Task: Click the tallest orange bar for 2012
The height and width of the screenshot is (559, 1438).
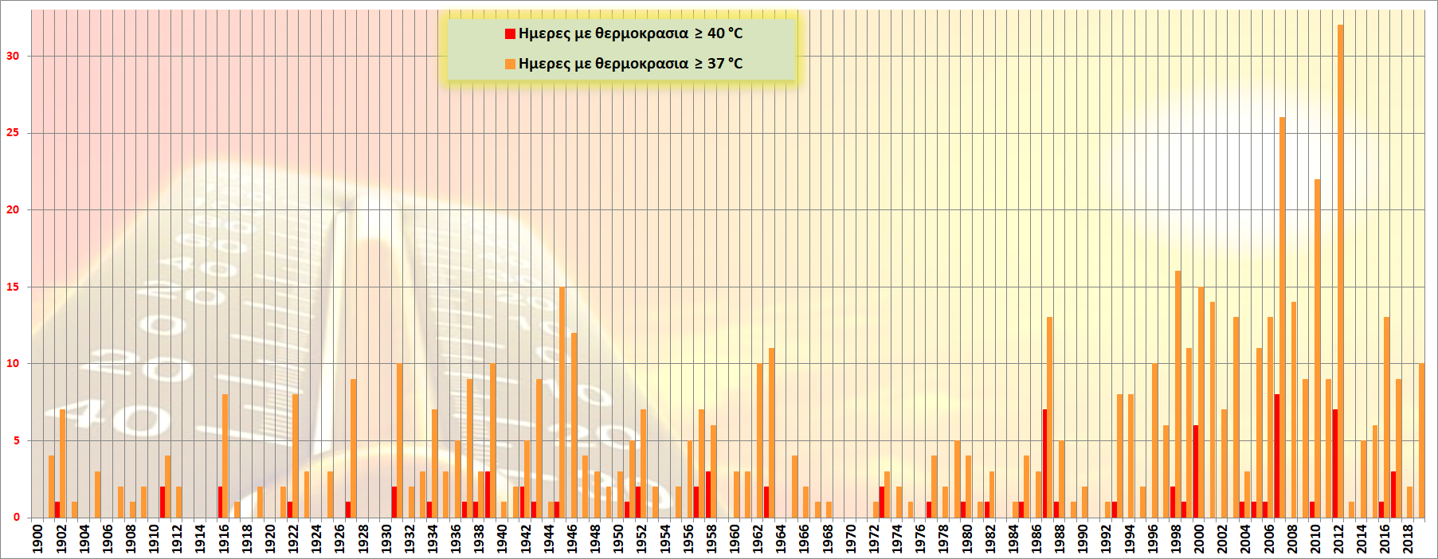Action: [x=1341, y=271]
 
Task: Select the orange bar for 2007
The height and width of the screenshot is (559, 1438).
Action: [x=1283, y=255]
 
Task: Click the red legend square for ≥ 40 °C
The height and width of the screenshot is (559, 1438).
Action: [x=510, y=33]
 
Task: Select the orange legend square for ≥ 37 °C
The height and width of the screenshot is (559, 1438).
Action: [x=510, y=64]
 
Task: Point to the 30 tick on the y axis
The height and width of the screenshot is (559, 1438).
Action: [x=13, y=56]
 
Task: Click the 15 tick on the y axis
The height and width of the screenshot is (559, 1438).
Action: [x=13, y=287]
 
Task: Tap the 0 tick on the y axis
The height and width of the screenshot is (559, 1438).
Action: [x=16, y=518]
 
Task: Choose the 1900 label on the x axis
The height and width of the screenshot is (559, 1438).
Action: [x=37, y=538]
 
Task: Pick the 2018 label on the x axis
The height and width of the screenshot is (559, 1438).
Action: [x=1409, y=538]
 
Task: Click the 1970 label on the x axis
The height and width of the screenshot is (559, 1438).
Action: [x=851, y=538]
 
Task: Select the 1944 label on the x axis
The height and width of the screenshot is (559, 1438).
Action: [x=549, y=538]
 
